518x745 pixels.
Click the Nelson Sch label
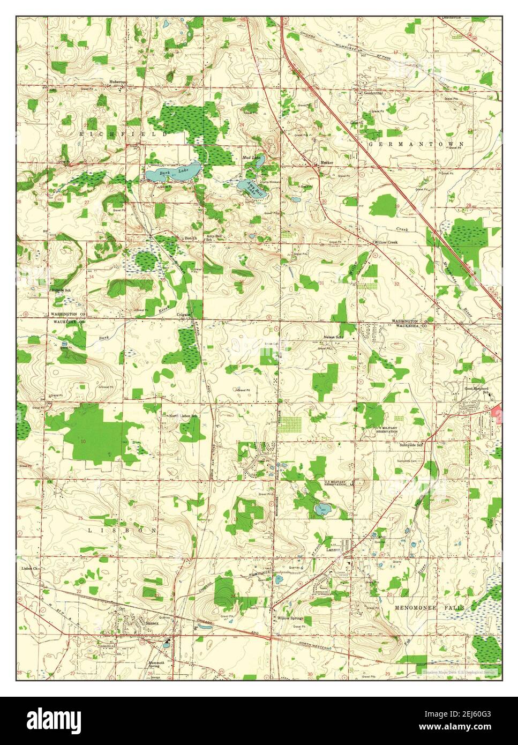tap(333, 337)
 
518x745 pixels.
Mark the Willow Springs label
tap(290, 618)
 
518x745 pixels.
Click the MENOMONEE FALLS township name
tap(430, 608)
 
